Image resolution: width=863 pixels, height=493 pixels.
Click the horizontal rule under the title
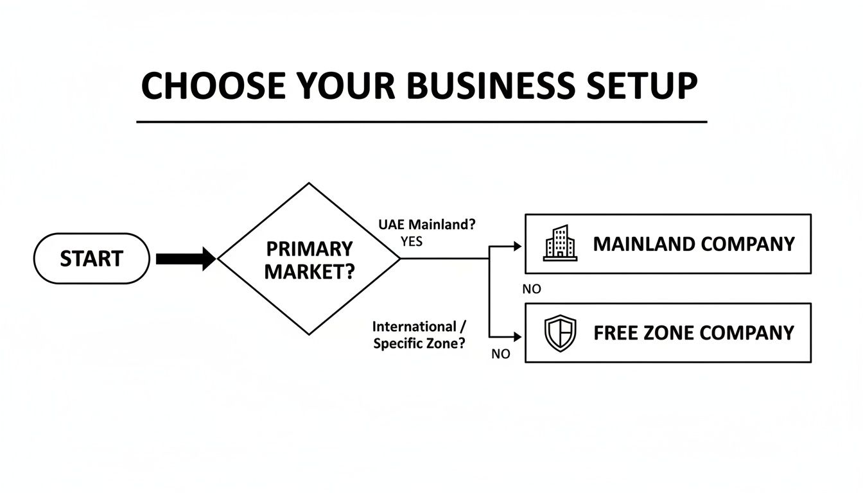[421, 121]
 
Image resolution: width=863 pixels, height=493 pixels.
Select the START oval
[91, 259]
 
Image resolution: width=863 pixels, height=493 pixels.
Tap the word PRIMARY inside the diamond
[309, 248]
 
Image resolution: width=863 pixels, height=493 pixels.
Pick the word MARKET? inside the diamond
[309, 272]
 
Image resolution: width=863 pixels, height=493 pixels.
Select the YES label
[411, 241]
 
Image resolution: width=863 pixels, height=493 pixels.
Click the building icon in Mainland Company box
[559, 243]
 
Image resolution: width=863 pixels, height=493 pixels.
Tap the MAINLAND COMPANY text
[693, 244]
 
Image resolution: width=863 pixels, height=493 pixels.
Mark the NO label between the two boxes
[532, 289]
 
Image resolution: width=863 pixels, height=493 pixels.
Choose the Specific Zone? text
[419, 343]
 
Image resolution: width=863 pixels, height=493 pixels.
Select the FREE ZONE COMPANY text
[693, 333]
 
